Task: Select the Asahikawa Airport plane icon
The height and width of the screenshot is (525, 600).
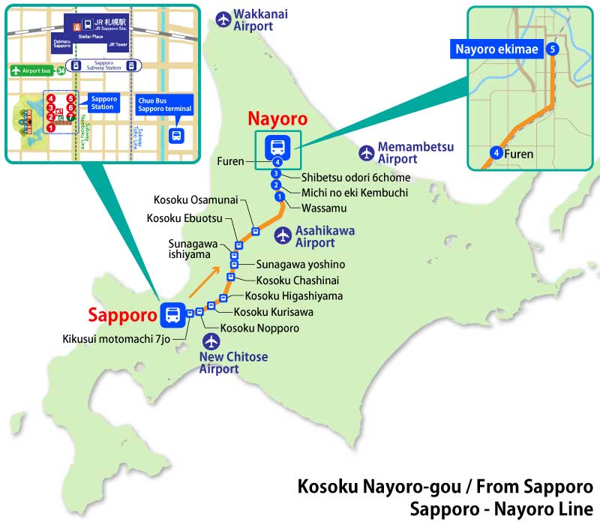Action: tap(283, 235)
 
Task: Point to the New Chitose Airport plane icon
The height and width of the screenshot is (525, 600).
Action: tap(213, 341)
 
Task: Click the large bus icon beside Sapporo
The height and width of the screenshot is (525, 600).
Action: tap(172, 314)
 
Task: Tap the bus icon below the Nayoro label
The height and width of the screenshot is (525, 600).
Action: tap(277, 146)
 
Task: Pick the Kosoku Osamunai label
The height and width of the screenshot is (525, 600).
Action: tap(196, 199)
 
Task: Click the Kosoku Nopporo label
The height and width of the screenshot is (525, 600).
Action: tap(259, 328)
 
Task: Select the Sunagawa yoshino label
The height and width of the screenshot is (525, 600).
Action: tap(301, 264)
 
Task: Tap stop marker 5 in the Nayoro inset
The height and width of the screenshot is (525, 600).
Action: tap(553, 49)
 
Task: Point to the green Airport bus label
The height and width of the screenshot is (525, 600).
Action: tap(32, 70)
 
